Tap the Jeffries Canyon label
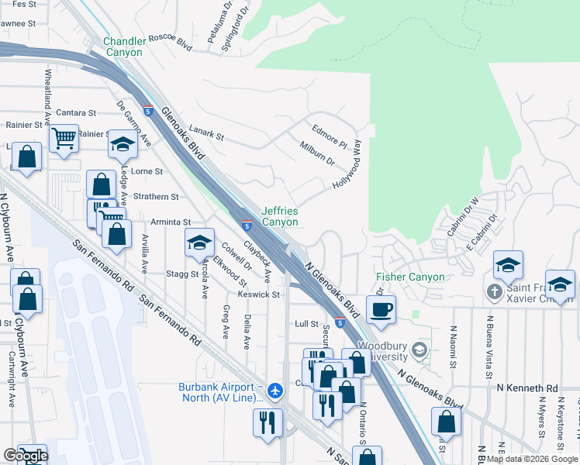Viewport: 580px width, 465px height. [280, 216]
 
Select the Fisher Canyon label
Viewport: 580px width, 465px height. [410, 277]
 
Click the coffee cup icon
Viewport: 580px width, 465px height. [381, 310]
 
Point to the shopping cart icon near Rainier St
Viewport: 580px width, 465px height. [64, 139]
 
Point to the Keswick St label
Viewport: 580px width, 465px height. [259, 294]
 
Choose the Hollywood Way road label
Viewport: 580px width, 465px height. [348, 164]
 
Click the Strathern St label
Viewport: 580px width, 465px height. [156, 198]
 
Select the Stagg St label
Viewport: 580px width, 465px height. [181, 274]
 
